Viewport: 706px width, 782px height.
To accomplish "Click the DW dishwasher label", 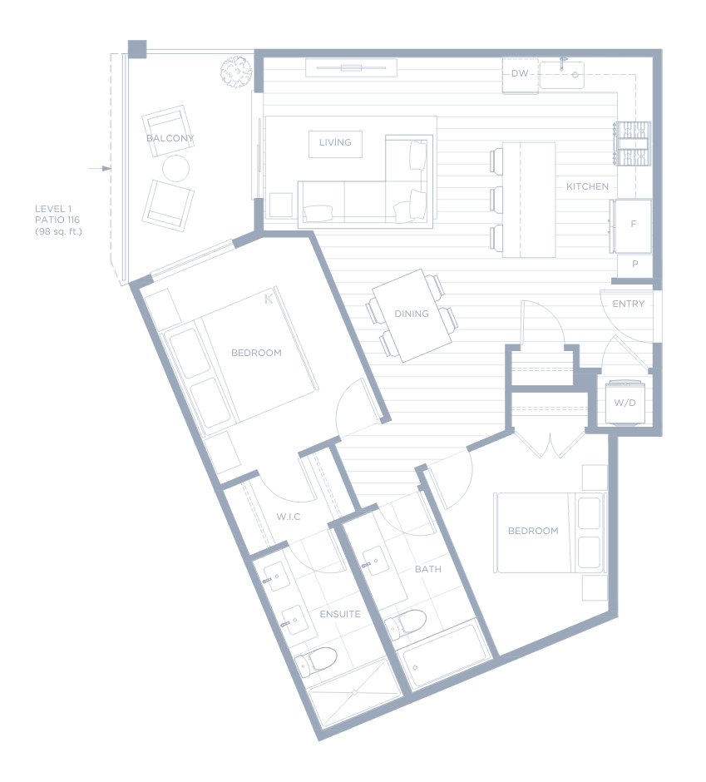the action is [520, 73].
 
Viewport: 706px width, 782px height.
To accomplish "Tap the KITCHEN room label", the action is [587, 186].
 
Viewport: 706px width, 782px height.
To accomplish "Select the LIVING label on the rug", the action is [335, 142].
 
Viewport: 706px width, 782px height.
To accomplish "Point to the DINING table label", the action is [412, 314].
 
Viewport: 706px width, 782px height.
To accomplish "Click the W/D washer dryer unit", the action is [625, 403].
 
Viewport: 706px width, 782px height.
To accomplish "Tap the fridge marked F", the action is [632, 226].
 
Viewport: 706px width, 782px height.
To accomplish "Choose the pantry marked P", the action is [634, 265].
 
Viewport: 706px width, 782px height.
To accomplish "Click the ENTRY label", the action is [628, 304].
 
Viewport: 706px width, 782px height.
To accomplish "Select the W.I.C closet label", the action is [289, 517].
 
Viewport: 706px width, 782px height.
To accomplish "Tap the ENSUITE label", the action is [340, 614].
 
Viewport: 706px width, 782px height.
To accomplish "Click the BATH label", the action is [427, 569].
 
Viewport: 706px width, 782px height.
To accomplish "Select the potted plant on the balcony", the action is [236, 72].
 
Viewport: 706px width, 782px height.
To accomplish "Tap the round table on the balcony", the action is [176, 169].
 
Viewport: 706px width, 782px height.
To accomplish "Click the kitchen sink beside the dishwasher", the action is [562, 74].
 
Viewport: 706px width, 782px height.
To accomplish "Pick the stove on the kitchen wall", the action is [633, 144].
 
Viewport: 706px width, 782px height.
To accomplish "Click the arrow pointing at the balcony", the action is [100, 169].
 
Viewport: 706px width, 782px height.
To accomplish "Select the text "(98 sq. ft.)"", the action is [58, 231].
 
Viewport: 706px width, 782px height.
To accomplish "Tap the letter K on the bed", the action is [269, 299].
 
